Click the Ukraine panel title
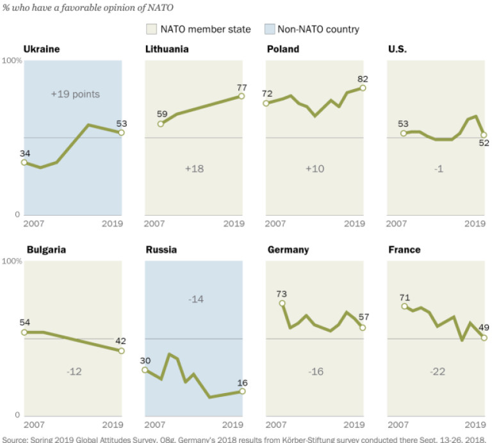coord(42,49)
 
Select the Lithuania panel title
coord(167,49)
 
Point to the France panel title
coord(404,250)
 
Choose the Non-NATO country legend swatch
coord(269,29)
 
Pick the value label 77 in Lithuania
coord(242,87)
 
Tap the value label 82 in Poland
coord(363,79)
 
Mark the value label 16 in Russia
coord(242,383)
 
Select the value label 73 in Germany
coord(281,294)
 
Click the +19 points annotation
coord(76,94)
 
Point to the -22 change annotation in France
coord(438,371)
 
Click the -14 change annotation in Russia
coord(194,299)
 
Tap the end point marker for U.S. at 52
coord(484,135)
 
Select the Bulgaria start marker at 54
coord(24,332)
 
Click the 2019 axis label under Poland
coord(354,224)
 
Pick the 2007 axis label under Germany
coord(275,425)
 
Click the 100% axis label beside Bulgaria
coord(12,261)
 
